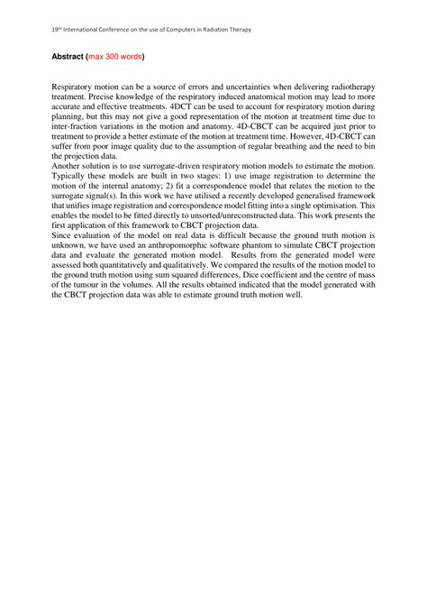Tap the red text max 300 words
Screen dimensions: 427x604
[114, 55]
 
